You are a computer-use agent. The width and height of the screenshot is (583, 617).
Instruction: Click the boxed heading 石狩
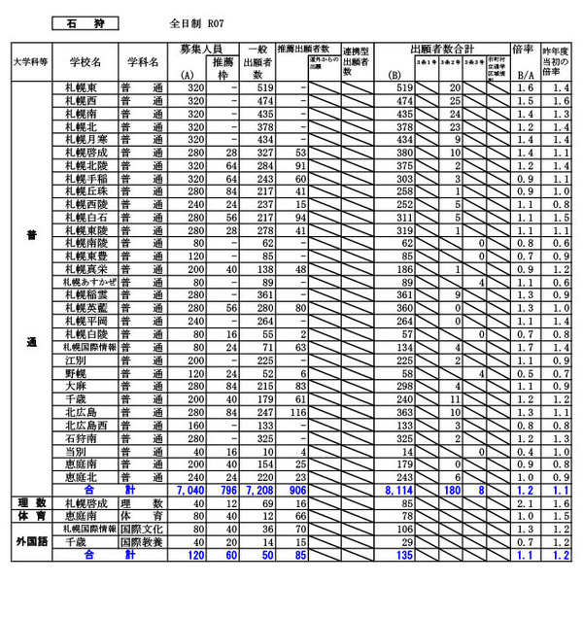85,19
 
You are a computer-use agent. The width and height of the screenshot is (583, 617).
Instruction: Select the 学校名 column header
86,61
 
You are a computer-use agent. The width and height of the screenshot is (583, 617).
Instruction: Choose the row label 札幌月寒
86,139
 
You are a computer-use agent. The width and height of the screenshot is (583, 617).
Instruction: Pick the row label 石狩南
81,438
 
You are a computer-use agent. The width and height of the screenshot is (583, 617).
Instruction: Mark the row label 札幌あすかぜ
86,281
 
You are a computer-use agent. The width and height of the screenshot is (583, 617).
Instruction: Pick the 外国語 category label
32,535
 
